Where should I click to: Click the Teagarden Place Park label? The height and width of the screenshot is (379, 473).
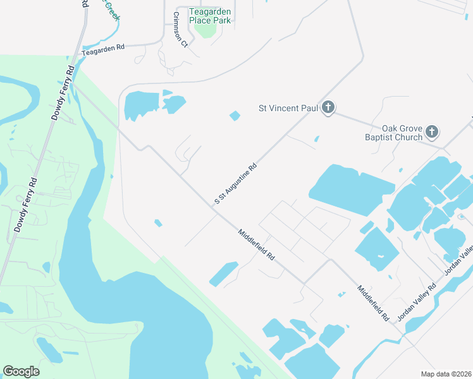212,16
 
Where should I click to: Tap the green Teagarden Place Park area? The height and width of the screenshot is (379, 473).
204,28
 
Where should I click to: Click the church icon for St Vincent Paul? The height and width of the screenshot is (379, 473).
328,108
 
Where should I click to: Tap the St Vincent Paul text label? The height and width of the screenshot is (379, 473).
288,108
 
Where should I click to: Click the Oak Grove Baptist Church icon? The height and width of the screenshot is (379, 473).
432,132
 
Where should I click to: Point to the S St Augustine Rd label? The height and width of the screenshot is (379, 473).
235,183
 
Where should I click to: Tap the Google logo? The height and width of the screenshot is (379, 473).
21,371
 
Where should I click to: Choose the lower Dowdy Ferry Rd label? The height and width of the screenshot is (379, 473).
25,205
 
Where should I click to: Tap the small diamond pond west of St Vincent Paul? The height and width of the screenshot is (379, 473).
235,116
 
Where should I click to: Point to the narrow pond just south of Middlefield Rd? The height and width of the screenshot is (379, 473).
223,273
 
